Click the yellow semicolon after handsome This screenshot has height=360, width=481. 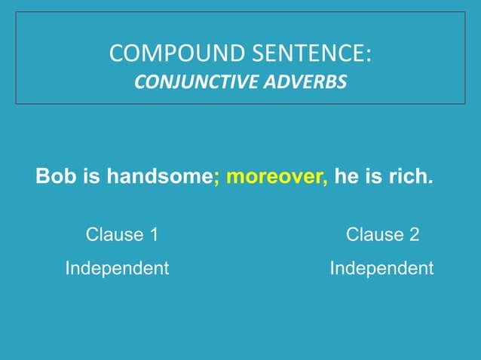click(216, 178)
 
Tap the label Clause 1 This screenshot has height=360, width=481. click(122, 234)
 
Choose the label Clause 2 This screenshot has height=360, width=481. click(382, 234)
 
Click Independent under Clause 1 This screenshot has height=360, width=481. click(117, 268)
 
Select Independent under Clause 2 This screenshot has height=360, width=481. click(381, 268)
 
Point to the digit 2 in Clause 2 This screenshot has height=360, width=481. click(414, 234)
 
